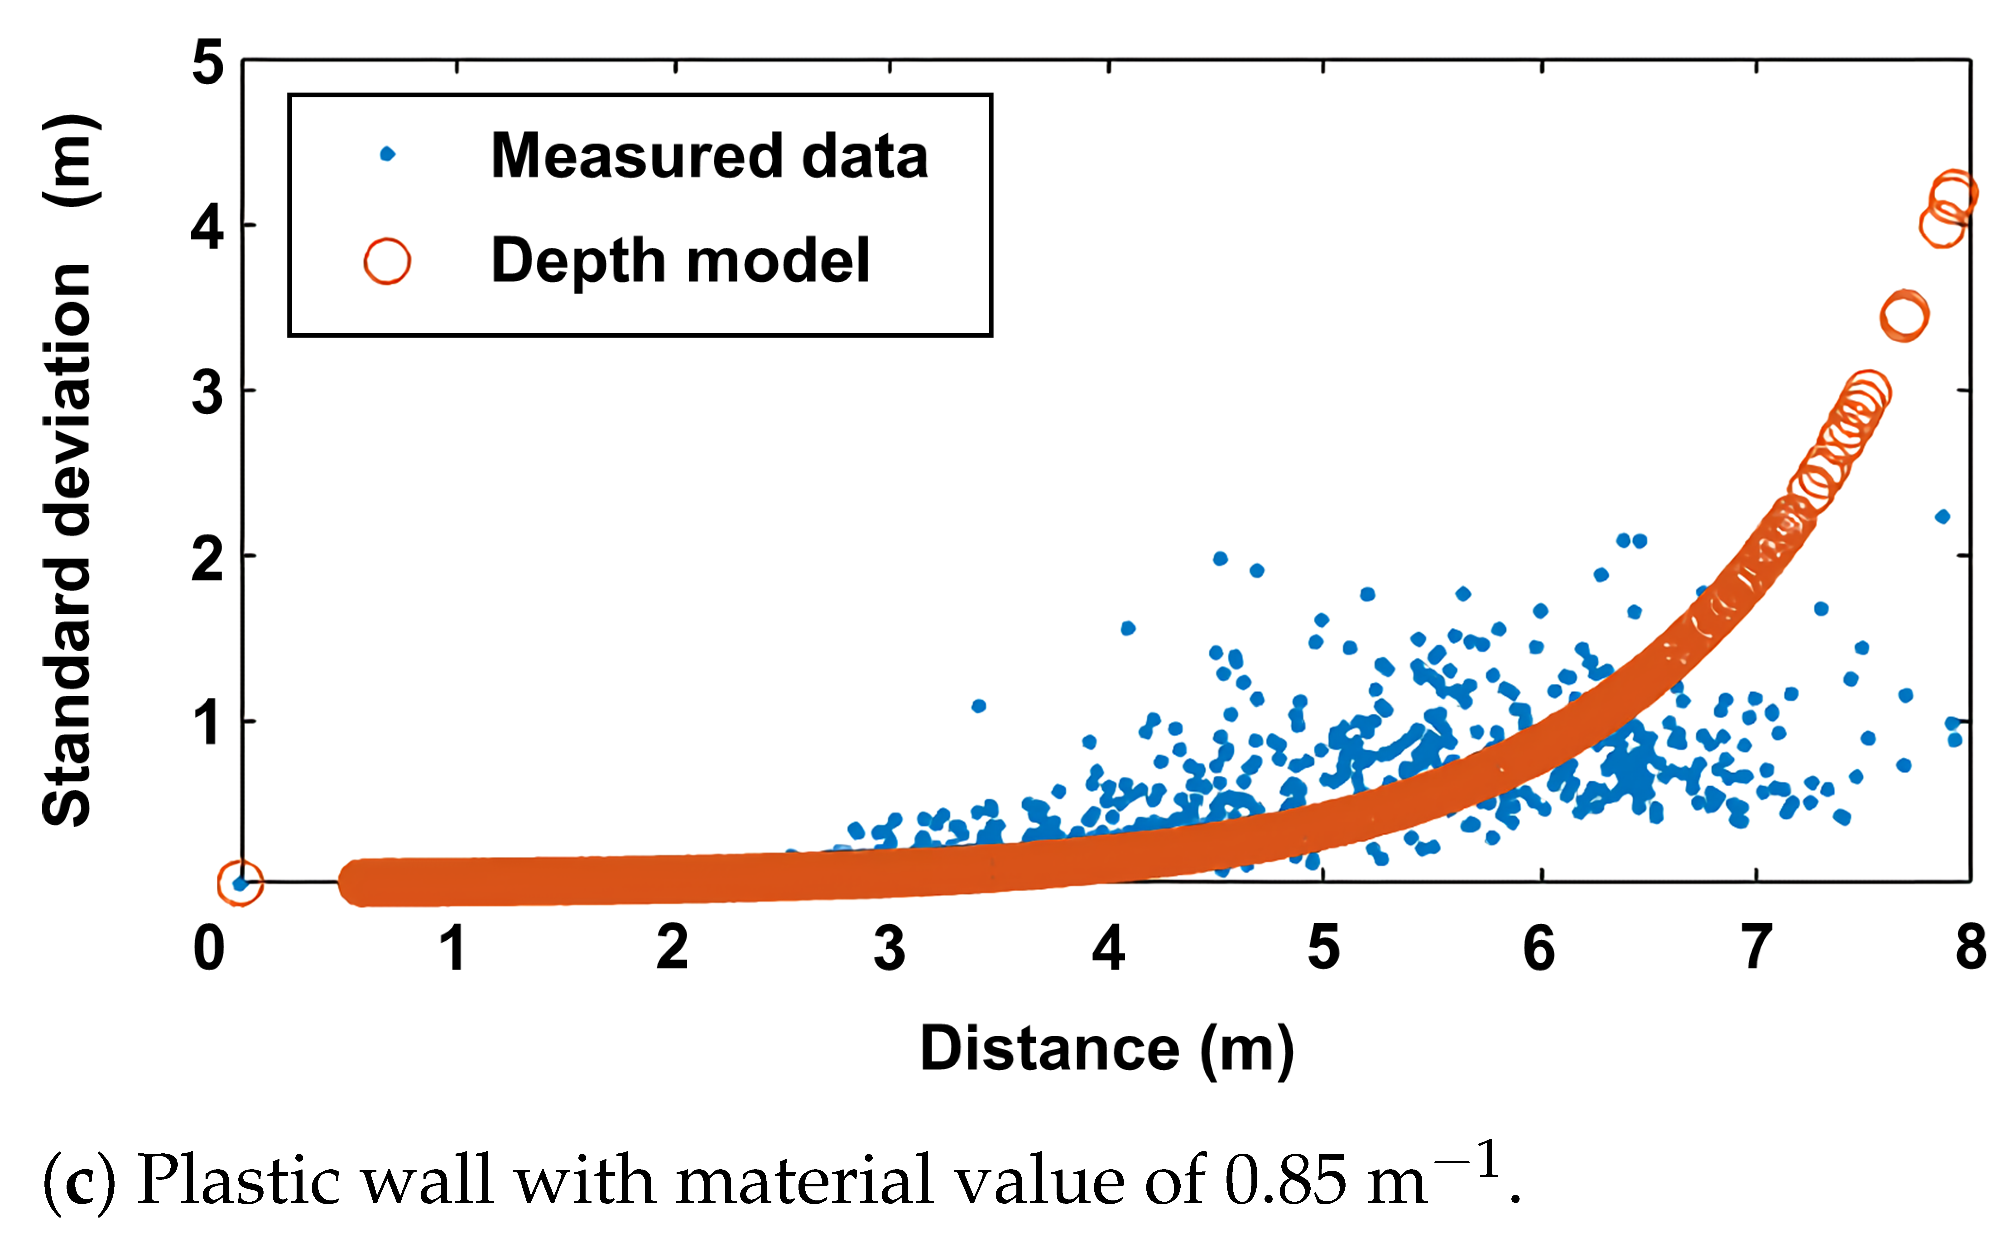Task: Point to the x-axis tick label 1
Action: point(453,949)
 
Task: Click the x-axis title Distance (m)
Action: point(1106,1049)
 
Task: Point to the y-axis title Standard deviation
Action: point(67,542)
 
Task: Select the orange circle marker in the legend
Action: point(387,261)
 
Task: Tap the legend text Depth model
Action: point(680,261)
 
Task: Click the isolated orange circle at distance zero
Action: point(240,883)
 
